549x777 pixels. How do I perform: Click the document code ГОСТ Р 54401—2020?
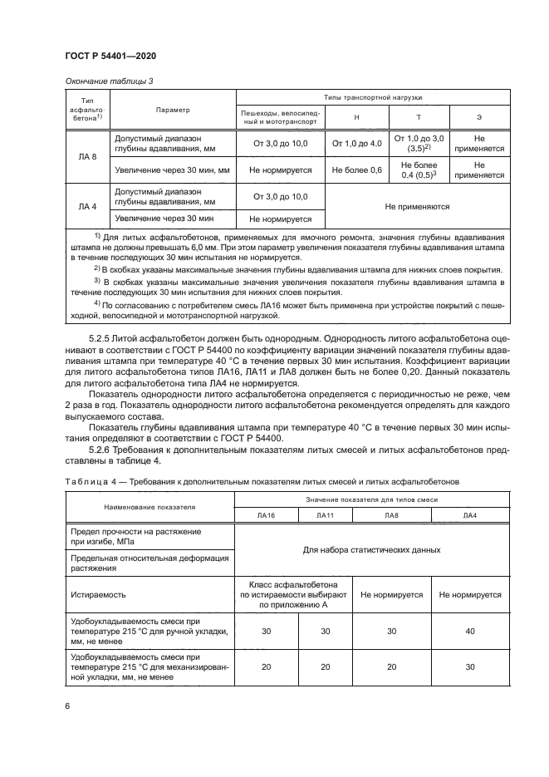pyautogui.click(x=110, y=55)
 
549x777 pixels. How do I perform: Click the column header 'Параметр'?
pyautogui.click(x=173, y=110)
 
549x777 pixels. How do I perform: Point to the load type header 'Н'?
pyautogui.click(x=356, y=117)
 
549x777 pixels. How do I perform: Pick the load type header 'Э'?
pyautogui.click(x=478, y=117)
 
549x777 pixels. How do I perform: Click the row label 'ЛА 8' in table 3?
pyautogui.click(x=87, y=156)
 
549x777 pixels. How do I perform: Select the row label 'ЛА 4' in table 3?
pyautogui.click(x=87, y=207)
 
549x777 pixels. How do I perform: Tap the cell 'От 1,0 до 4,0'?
pyautogui.click(x=356, y=144)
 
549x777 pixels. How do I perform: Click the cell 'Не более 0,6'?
pyautogui.click(x=356, y=170)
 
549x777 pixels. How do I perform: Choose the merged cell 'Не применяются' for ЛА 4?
pyautogui.click(x=417, y=207)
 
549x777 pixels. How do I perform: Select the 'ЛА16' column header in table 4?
pyautogui.click(x=266, y=515)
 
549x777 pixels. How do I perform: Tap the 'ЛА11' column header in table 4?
pyautogui.click(x=325, y=515)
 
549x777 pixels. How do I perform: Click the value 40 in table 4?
pyautogui.click(x=470, y=632)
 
